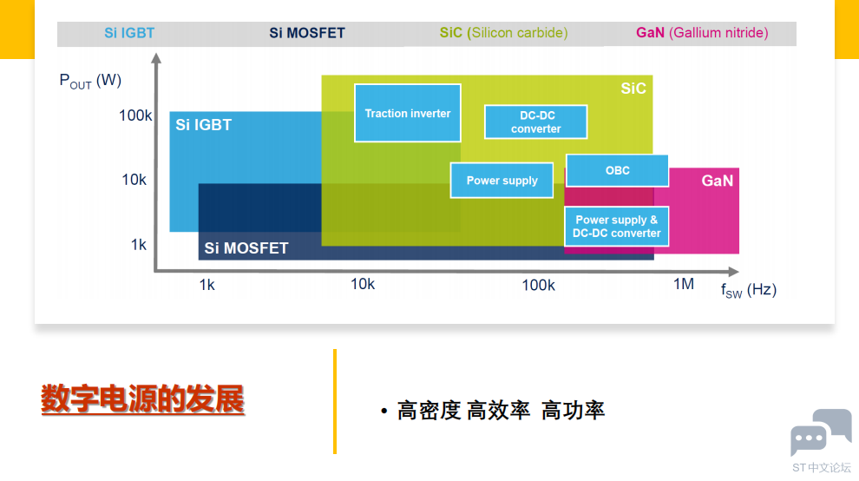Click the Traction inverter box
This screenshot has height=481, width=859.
pyautogui.click(x=407, y=113)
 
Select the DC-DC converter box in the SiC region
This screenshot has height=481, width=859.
pyautogui.click(x=535, y=122)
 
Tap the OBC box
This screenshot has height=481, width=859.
pyautogui.click(x=617, y=170)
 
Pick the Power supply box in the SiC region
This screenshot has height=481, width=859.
pyautogui.click(x=502, y=181)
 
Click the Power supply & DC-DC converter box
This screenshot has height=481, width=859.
pyautogui.click(x=616, y=227)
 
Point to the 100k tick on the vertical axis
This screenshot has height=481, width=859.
pyautogui.click(x=135, y=115)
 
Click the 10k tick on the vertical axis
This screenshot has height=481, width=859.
pyautogui.click(x=134, y=180)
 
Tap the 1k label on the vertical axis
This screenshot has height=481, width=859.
pyautogui.click(x=139, y=245)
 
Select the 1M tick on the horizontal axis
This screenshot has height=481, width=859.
pyautogui.click(x=684, y=284)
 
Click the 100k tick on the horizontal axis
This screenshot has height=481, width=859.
pyautogui.click(x=538, y=285)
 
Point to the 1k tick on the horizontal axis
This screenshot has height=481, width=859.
pyautogui.click(x=207, y=285)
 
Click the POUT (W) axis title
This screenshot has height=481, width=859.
pyautogui.click(x=90, y=82)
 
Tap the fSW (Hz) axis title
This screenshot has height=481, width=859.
pyautogui.click(x=748, y=290)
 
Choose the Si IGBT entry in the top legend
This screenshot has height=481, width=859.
pyautogui.click(x=129, y=33)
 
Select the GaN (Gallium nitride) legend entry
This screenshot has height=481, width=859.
pyautogui.click(x=702, y=33)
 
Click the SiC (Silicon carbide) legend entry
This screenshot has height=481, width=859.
pyautogui.click(x=503, y=33)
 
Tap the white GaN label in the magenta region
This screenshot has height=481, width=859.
pyautogui.click(x=717, y=181)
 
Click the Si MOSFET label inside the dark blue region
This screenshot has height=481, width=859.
pyautogui.click(x=246, y=248)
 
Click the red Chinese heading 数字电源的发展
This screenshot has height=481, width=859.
pyautogui.click(x=143, y=400)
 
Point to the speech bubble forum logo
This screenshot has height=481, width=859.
pyautogui.click(x=820, y=432)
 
